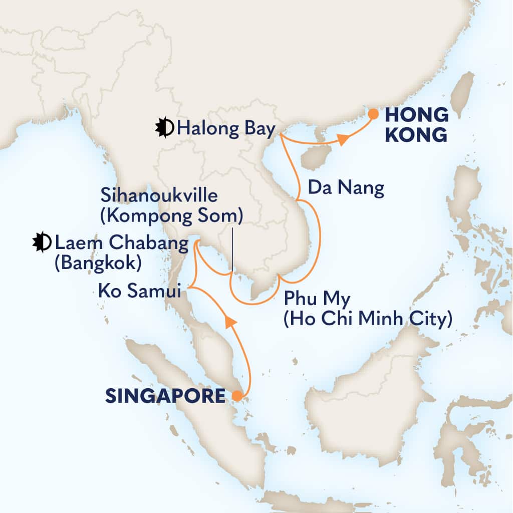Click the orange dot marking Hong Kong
click(x=373, y=114)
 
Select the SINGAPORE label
click(x=165, y=397)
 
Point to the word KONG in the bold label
click(x=417, y=134)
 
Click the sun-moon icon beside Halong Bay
click(x=164, y=129)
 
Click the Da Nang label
click(x=346, y=188)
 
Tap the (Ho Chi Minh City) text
click(x=367, y=319)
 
